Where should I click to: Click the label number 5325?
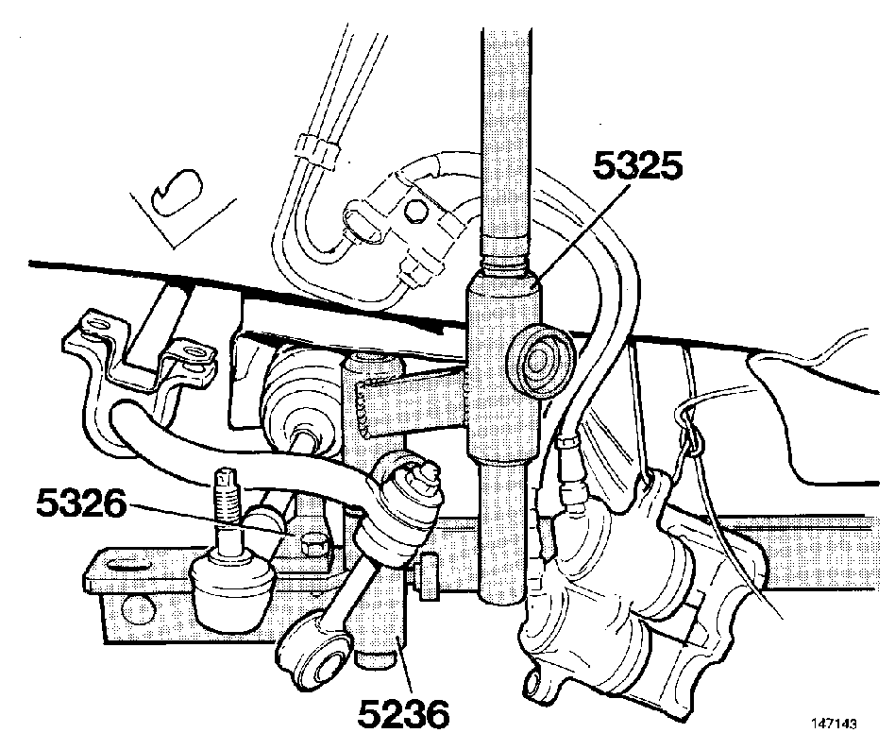click(637, 165)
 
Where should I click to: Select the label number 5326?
click(80, 503)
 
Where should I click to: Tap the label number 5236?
click(403, 714)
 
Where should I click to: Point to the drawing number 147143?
click(834, 724)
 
